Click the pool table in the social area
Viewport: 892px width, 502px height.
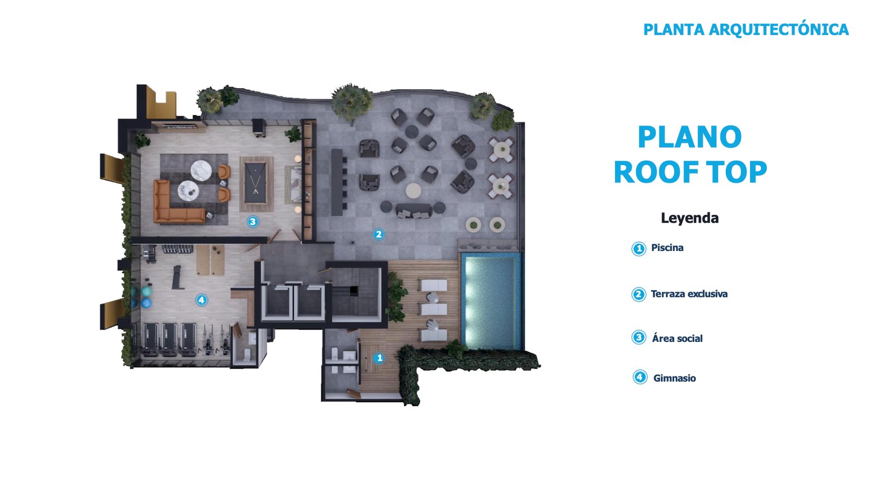coord(256,184)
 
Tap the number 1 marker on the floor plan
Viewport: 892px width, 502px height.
coord(379,358)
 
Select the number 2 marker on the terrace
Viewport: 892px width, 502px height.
coord(379,234)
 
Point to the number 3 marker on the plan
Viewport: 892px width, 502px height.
coord(253,221)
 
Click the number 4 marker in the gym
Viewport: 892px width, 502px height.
coord(201,300)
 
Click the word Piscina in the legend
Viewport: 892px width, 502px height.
coord(667,248)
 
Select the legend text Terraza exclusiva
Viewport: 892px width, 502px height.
coord(689,294)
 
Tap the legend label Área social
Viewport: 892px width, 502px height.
coord(677,338)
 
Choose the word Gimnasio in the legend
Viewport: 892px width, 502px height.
coord(675,378)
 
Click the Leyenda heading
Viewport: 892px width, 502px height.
coord(690,218)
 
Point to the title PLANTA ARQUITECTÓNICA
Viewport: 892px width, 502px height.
coord(746,30)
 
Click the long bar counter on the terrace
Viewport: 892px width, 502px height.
coord(337,182)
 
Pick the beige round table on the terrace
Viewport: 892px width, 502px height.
coord(413,190)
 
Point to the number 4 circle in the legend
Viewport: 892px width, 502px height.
coord(640,377)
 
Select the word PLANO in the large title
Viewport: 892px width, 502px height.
coord(690,137)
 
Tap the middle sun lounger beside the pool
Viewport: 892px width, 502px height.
coord(434,309)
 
